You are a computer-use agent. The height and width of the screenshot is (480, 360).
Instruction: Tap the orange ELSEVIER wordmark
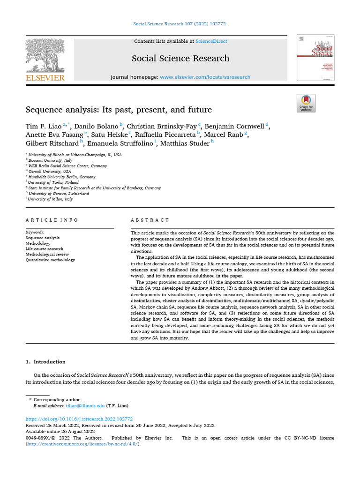pos(45,78)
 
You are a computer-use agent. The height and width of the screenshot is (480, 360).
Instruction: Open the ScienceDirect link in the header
pos(211,41)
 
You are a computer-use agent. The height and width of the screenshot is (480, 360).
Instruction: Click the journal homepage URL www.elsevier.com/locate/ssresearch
pos(205,77)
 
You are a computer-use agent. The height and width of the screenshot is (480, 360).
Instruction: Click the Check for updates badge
pos(306,103)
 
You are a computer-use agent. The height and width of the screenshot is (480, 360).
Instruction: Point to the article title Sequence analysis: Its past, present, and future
pos(119,110)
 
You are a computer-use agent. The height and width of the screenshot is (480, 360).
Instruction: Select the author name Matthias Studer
pos(185,143)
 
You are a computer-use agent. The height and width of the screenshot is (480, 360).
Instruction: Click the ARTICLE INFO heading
pos(52,220)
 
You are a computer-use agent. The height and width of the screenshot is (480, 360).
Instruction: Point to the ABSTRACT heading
pos(150,220)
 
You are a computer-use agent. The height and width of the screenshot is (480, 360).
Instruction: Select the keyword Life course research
pos(44,249)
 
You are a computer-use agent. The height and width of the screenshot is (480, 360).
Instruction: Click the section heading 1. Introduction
pos(45,362)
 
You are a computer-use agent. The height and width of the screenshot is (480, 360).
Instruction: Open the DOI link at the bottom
pos(79,419)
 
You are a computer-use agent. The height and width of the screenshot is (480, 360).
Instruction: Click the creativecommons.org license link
pos(82,443)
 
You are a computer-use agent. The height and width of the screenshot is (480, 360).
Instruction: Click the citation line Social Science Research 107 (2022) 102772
pos(180,24)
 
